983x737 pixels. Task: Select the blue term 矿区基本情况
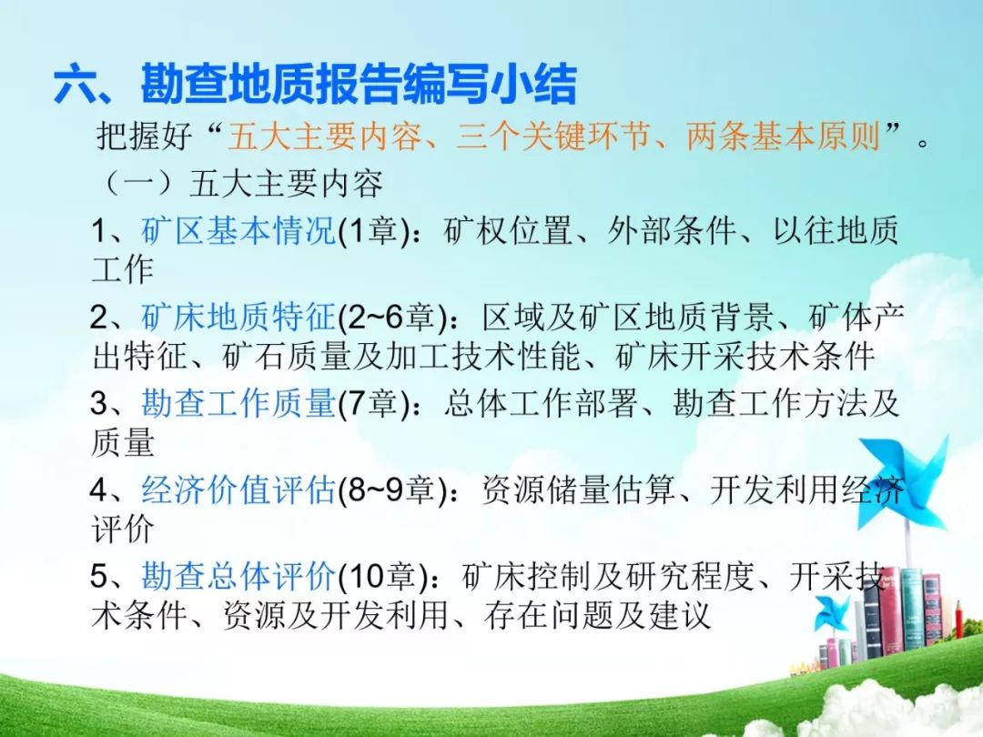238,230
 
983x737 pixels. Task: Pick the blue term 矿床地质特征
238,317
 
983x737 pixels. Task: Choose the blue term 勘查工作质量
238,402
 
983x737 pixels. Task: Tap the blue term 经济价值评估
238,489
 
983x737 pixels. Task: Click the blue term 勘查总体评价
238,575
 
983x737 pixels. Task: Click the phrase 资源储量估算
578,489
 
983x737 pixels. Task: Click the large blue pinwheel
903,482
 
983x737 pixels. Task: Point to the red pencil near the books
958,621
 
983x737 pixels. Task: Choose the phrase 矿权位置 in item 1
508,230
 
